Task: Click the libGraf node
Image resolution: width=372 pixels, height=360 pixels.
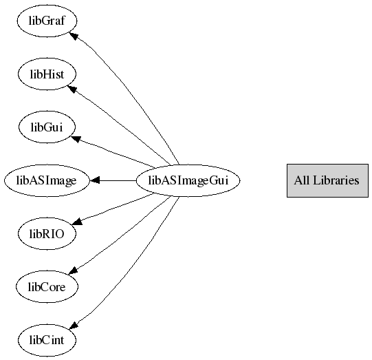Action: [x=47, y=21]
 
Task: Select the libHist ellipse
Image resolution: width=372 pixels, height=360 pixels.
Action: [x=47, y=74]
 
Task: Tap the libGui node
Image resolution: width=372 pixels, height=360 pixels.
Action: [x=47, y=127]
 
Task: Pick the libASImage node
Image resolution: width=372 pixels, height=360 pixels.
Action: [x=47, y=180]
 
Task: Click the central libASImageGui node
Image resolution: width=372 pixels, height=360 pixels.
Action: [x=188, y=180]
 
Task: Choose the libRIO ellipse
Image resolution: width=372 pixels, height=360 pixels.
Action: [x=47, y=233]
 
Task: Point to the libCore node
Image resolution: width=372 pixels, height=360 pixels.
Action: [x=47, y=287]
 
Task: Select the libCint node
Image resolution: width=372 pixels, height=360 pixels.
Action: [x=47, y=340]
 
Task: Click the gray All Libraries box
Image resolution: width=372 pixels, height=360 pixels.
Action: [x=327, y=180]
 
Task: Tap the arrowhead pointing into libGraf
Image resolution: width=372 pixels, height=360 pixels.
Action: [x=74, y=36]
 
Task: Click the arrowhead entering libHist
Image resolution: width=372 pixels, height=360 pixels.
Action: [x=72, y=89]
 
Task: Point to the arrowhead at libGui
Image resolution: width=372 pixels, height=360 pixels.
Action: [x=76, y=139]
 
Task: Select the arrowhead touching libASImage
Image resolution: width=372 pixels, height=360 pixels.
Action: [x=95, y=180]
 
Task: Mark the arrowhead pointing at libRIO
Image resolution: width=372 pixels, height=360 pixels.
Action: [x=77, y=222]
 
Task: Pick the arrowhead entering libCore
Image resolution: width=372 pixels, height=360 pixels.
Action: [x=74, y=271]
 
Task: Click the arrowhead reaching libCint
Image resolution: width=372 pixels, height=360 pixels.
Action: [x=74, y=326]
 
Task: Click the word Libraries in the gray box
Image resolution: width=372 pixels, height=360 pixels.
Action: [x=336, y=180]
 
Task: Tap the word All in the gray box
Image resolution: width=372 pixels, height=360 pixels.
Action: [x=302, y=180]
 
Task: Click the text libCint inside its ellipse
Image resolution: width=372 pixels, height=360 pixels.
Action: [x=47, y=340]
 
